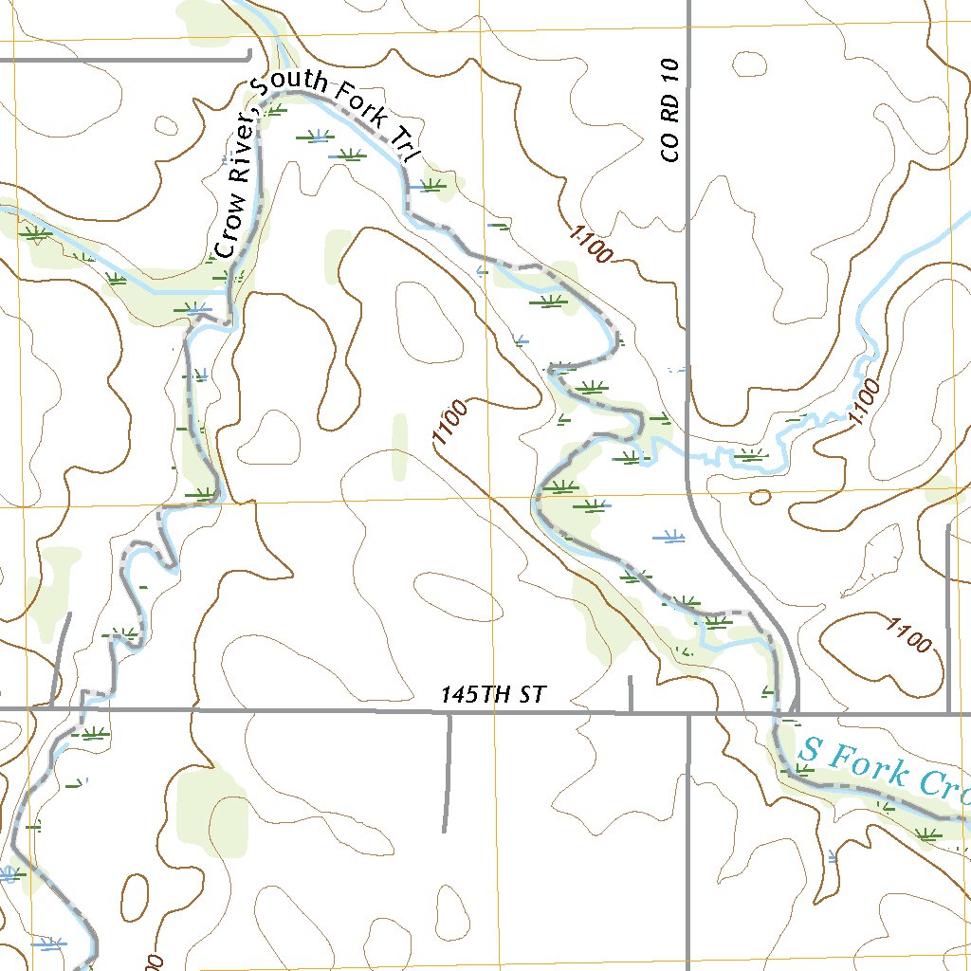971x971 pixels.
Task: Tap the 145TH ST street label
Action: click(493, 695)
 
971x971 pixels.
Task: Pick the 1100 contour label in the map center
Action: click(449, 423)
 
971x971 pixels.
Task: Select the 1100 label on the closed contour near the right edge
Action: click(907, 634)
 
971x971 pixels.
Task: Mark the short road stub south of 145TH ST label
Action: click(447, 770)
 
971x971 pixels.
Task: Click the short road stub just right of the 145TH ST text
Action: click(631, 693)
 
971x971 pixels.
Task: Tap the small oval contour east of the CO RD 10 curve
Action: click(760, 497)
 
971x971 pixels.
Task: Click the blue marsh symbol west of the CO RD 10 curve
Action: click(669, 538)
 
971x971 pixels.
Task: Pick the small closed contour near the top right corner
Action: click(751, 64)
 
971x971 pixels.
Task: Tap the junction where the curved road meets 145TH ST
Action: click(796, 712)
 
